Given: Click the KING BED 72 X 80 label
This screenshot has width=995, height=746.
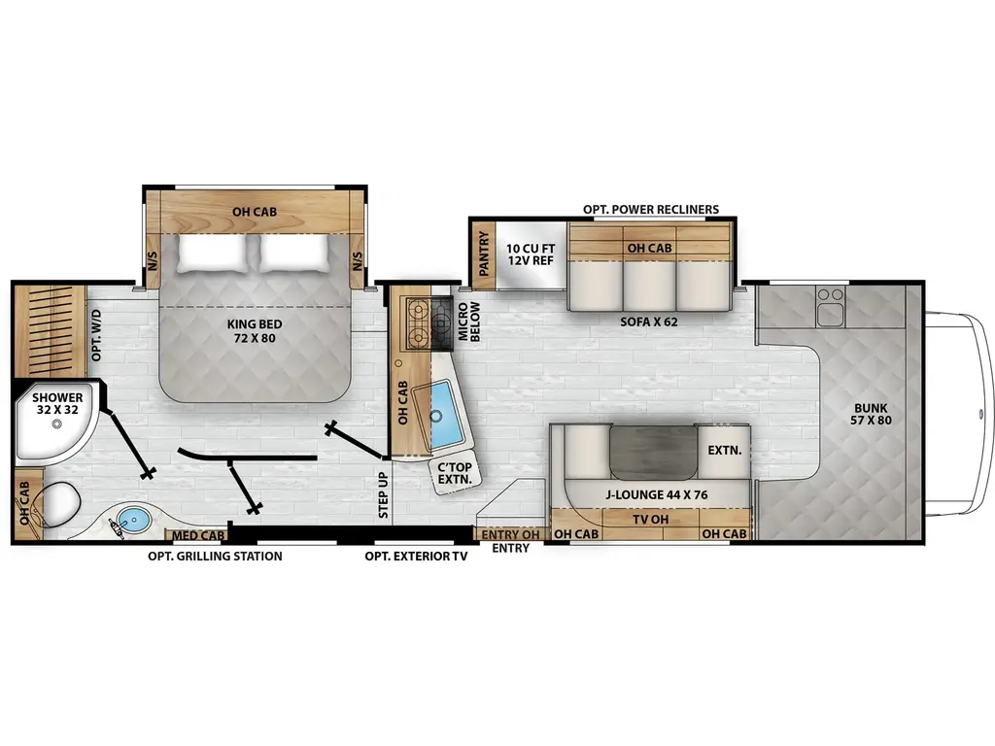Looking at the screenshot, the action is coord(255,331).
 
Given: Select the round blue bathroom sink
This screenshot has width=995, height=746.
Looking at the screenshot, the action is coord(134,520).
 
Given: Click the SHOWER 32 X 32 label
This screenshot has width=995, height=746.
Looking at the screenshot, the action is coord(57,403).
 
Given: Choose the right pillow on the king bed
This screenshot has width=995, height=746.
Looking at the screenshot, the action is coord(295,254).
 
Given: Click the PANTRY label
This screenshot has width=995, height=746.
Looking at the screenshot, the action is coord(484,254).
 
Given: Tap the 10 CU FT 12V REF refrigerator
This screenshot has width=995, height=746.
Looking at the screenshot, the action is coord(531,254).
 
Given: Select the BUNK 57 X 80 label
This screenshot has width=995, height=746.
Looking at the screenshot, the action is coord(871,414).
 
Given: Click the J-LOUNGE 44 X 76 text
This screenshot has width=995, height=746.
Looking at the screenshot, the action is coord(656,494).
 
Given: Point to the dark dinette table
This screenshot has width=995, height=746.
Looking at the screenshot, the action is coord(653,453).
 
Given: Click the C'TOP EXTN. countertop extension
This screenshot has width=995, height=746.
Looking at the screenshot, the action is coord(455,473).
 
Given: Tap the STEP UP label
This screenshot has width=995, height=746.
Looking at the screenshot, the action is coord(383,494).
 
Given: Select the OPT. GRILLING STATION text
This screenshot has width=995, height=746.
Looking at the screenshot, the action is coord(215,557).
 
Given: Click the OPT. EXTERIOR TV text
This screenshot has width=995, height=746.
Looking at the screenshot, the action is coord(416,557).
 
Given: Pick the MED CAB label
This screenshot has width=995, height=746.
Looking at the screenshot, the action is coord(198,536).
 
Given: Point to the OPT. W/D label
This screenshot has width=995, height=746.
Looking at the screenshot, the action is coord(96,335).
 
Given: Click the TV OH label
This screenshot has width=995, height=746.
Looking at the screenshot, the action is coord(650,520).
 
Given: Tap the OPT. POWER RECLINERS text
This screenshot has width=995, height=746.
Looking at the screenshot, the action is coord(651,210).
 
